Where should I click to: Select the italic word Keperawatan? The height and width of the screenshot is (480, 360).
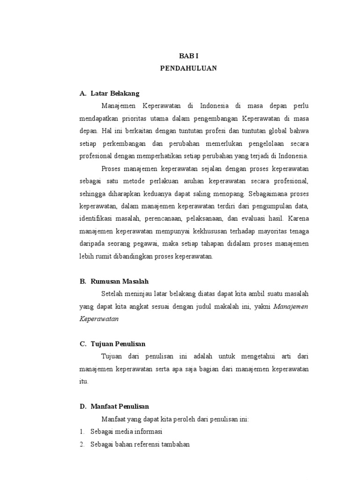[x=99, y=319]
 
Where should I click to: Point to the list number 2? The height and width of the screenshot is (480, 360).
[x=81, y=444]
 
